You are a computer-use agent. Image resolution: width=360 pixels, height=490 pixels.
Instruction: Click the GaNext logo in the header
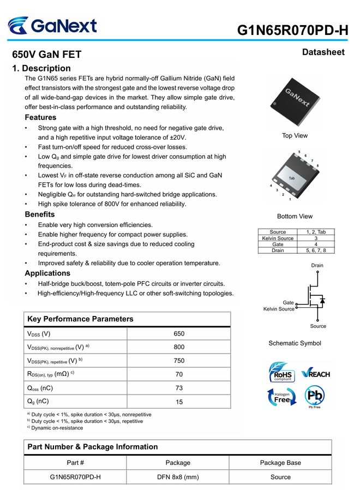pos(52,26)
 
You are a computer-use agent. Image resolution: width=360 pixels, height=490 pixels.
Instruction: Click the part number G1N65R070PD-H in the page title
pos(292,30)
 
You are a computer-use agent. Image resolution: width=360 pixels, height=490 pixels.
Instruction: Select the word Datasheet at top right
pos(323,52)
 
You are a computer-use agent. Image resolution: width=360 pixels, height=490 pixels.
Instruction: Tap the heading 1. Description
pos(41,68)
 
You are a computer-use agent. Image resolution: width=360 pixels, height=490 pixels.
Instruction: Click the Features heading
pos(40,117)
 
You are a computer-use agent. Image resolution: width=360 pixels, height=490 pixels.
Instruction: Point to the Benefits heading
pos(40,214)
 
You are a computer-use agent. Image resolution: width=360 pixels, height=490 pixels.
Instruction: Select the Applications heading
pos(47,273)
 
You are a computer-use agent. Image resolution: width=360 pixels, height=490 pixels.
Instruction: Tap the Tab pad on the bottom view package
pos(292,178)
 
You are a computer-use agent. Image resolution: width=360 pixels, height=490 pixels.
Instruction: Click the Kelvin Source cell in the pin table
pos(278,238)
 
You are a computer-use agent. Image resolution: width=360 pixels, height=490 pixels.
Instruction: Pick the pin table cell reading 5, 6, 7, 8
pos(316,250)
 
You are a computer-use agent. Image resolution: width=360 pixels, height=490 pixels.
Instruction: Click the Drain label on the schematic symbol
pos(317,265)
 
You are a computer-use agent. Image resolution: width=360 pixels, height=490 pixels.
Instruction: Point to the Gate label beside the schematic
pos(288,302)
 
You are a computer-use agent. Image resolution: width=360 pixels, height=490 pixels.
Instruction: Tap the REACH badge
pos(315,374)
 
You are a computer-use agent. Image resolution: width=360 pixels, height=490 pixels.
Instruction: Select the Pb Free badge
pos(315,397)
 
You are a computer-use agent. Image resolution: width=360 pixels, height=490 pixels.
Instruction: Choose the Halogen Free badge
pos(281,397)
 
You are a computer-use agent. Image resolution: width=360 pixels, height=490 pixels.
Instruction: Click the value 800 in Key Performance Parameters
pos(179,347)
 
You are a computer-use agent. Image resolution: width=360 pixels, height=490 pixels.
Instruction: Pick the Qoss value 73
pos(179,388)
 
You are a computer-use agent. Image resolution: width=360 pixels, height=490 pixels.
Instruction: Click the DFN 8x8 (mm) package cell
pos(178,476)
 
